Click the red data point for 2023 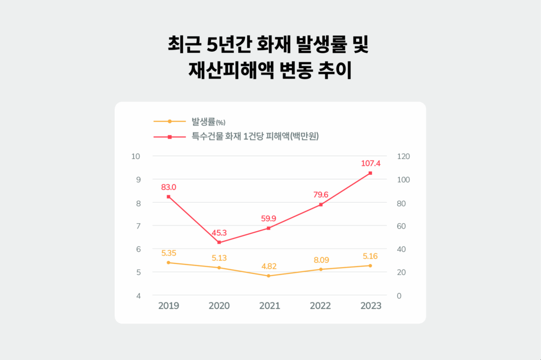tap(370, 173)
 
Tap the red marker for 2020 tap(219, 242)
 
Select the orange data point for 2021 tap(269, 276)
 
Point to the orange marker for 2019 tap(169, 262)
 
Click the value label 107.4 tap(370, 163)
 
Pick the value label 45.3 tap(219, 233)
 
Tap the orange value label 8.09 tap(320, 260)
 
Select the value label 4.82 tap(269, 266)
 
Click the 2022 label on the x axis tap(320, 306)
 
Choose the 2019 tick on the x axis tap(169, 306)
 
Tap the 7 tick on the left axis tap(138, 226)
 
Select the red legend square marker tap(170, 137)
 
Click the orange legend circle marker tap(170, 121)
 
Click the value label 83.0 tap(169, 187)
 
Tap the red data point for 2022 tap(320, 204)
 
